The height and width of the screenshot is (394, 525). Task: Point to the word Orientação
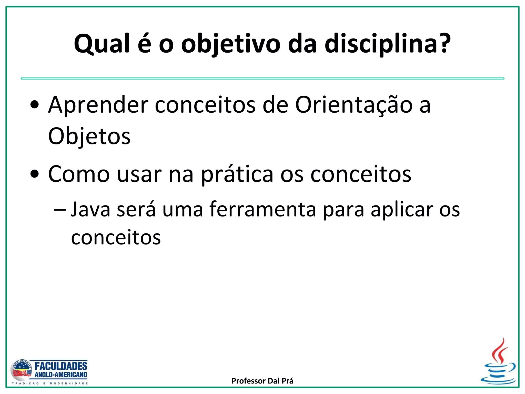[x=354, y=105]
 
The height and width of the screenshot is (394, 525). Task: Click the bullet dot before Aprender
[x=34, y=105]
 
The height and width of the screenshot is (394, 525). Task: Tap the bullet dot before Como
[x=34, y=174]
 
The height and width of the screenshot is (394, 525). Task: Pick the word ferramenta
[x=263, y=209]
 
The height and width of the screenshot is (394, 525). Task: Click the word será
[x=136, y=209]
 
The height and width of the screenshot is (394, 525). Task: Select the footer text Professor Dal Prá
[x=262, y=381]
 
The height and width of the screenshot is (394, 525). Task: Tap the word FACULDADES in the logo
[x=61, y=366]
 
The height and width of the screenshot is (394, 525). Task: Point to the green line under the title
[x=262, y=78]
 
